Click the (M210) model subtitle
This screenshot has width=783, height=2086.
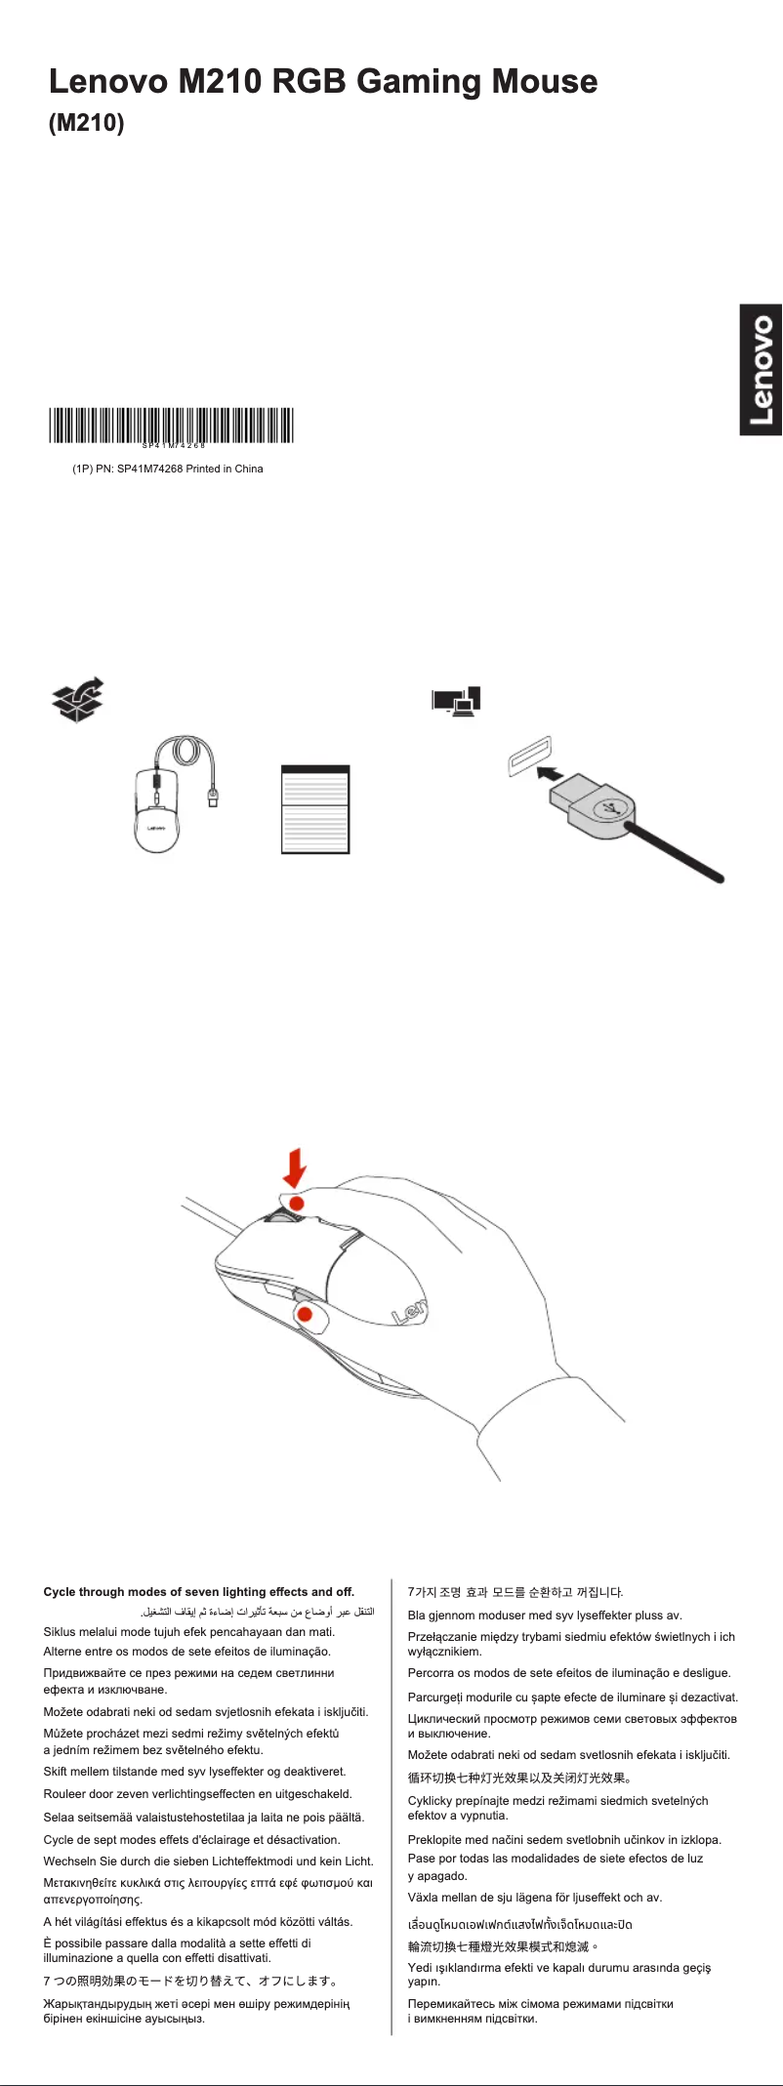coord(87,125)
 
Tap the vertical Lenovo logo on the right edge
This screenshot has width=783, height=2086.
coord(761,370)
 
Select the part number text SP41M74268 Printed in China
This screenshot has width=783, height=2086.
coord(168,469)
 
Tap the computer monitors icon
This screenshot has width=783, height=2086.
coord(457,701)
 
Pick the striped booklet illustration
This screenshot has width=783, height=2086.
coord(315,809)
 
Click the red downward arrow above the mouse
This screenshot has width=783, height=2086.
coord(295,1167)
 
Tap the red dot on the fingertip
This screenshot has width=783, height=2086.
coord(297,1204)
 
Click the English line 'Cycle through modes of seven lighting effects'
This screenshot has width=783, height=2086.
coord(199,1591)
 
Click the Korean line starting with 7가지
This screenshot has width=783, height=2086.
coord(515,1592)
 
